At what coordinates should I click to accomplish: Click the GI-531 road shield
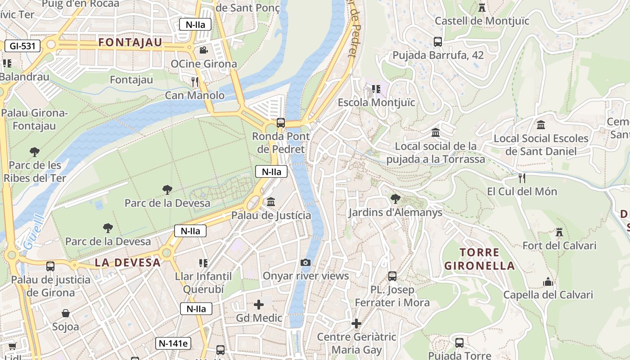[x=23, y=45]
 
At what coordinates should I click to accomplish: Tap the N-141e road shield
[x=173, y=343]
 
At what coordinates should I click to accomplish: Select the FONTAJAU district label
[x=130, y=43]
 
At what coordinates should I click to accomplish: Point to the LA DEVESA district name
[x=128, y=263]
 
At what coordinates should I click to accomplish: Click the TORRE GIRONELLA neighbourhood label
[x=480, y=259]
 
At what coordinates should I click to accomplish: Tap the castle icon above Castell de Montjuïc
[x=482, y=8]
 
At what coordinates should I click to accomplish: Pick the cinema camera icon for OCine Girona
[x=204, y=50]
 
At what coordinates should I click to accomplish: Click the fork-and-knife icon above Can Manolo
[x=195, y=81]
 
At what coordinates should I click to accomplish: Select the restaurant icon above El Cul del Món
[x=522, y=178]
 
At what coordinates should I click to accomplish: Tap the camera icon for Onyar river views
[x=306, y=262]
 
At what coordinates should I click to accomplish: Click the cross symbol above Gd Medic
[x=259, y=305]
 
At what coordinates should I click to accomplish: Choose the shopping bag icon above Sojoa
[x=66, y=313]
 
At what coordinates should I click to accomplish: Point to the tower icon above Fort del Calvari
[x=559, y=232]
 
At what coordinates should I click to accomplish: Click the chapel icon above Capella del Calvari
[x=548, y=282]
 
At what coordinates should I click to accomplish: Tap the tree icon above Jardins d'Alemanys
[x=395, y=198]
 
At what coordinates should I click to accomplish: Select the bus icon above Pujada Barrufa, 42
[x=438, y=42]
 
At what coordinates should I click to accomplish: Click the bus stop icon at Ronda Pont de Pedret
[x=281, y=122]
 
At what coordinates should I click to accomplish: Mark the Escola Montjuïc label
[x=377, y=102]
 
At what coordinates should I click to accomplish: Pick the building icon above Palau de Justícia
[x=271, y=202]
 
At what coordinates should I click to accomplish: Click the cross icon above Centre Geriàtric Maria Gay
[x=356, y=323]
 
